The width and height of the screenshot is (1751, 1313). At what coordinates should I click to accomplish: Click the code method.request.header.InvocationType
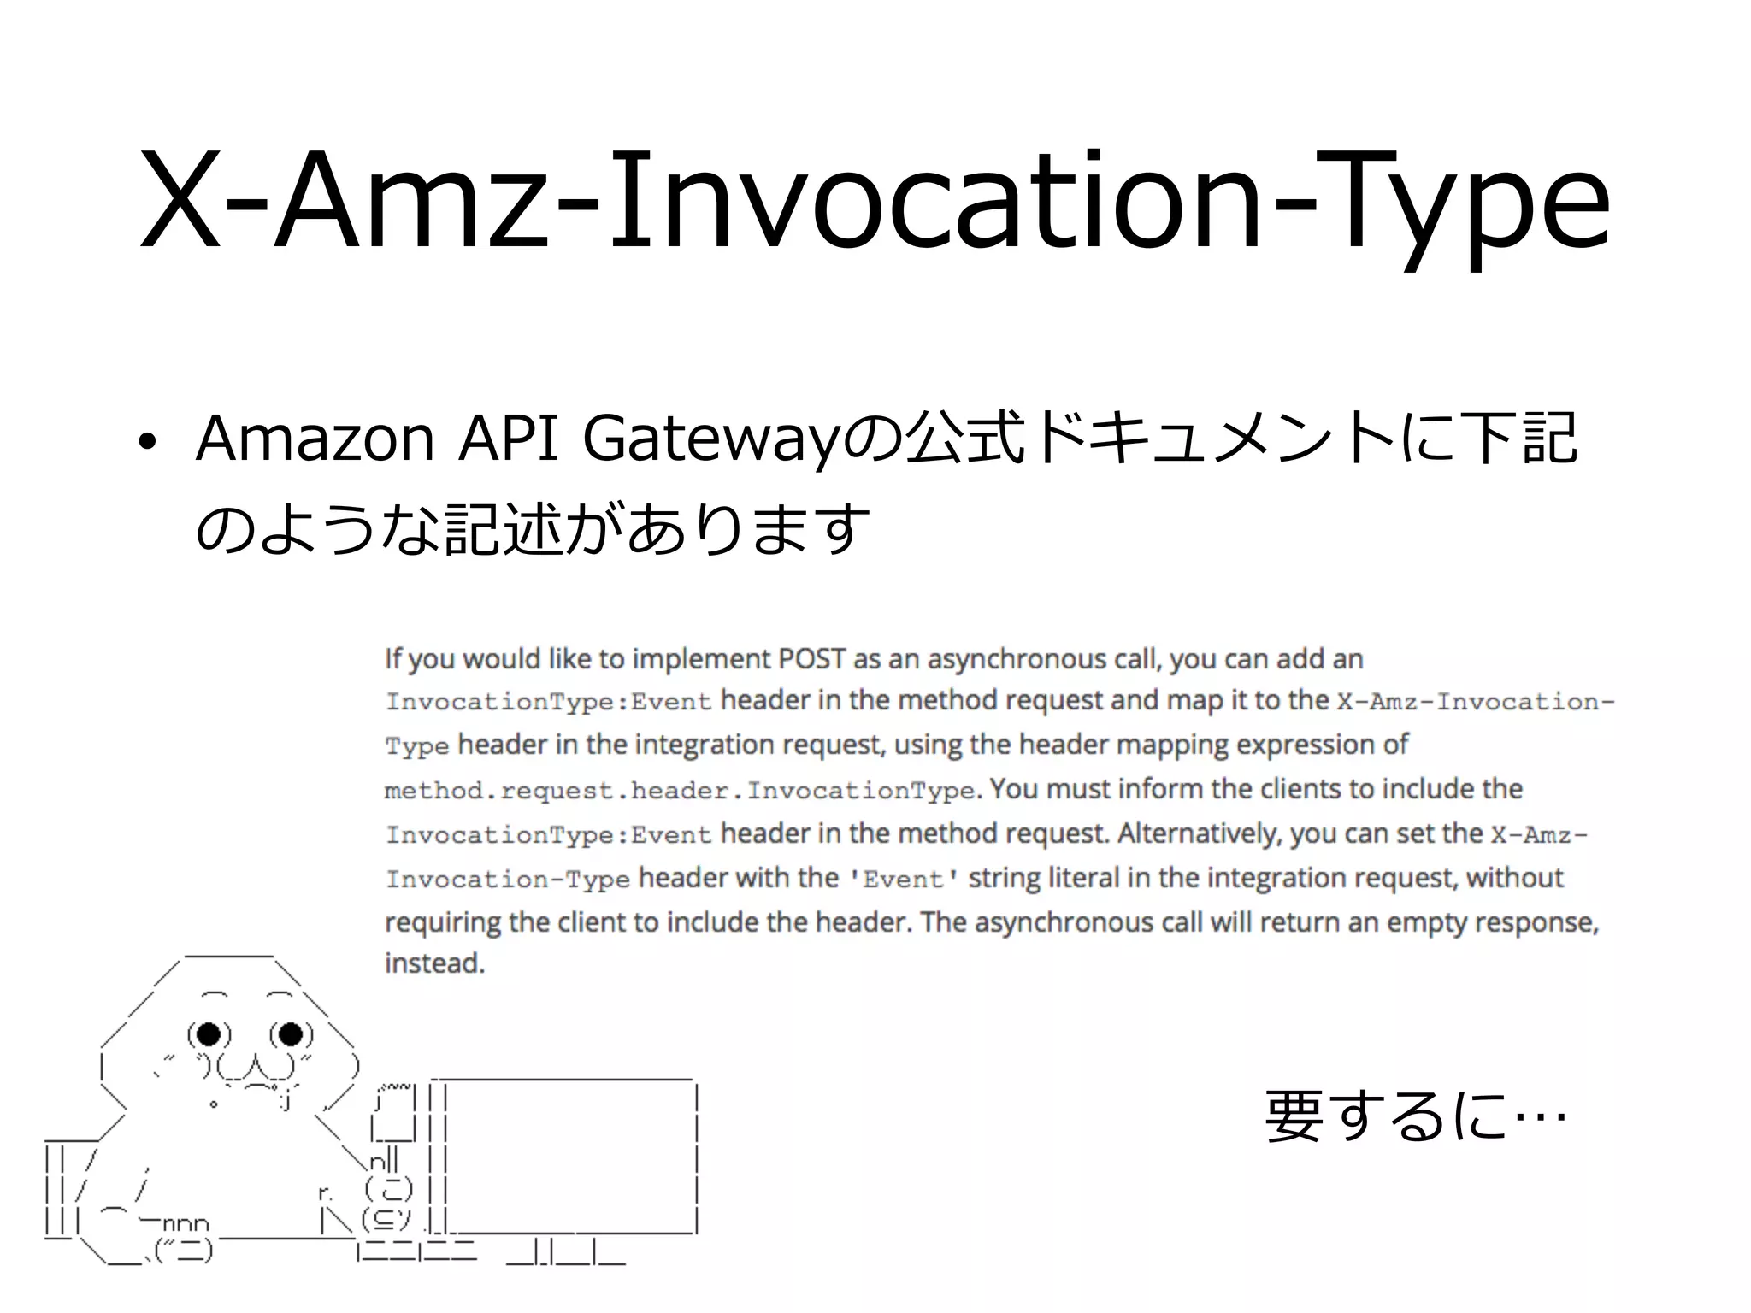[679, 791]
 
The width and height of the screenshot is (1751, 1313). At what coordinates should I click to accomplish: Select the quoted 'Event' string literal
[903, 880]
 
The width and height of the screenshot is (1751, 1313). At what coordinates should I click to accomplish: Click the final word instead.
[434, 963]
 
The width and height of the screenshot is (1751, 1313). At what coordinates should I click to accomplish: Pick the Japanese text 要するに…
[1415, 1116]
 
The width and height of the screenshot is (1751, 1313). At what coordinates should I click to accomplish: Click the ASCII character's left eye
[209, 1034]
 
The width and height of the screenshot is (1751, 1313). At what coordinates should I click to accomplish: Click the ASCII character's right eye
[291, 1034]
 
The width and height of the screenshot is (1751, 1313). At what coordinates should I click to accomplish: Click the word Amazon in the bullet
[315, 439]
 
